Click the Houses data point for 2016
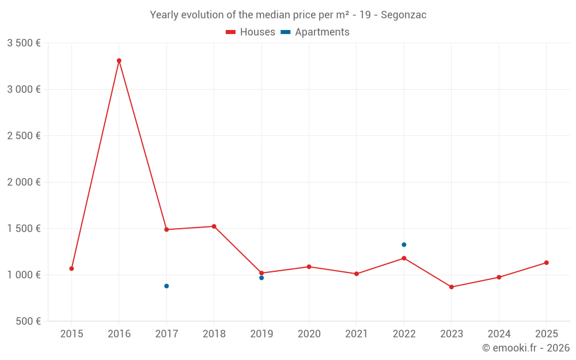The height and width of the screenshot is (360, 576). [x=119, y=60]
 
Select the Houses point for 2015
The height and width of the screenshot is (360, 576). [x=71, y=268]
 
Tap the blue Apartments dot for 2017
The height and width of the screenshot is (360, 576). [x=166, y=286]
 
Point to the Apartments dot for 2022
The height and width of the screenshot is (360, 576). [x=404, y=245]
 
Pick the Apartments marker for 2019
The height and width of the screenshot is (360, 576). [x=262, y=278]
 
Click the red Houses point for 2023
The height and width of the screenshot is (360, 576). [x=452, y=287]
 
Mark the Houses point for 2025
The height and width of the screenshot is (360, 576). [x=547, y=263]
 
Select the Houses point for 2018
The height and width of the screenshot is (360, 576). [x=214, y=226]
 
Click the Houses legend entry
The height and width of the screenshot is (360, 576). [x=251, y=32]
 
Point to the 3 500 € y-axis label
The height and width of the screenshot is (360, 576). [x=24, y=43]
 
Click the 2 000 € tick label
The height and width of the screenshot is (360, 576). [x=24, y=182]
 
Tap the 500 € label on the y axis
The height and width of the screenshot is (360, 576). [x=27, y=321]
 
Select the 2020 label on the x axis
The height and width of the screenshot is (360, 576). [x=309, y=334]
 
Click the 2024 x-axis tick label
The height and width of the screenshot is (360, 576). [x=499, y=334]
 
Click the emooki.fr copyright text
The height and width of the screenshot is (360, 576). [x=526, y=348]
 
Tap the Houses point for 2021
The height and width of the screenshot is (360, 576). [x=357, y=274]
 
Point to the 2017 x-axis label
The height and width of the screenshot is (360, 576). [x=166, y=334]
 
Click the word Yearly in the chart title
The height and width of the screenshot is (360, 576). [x=164, y=15]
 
